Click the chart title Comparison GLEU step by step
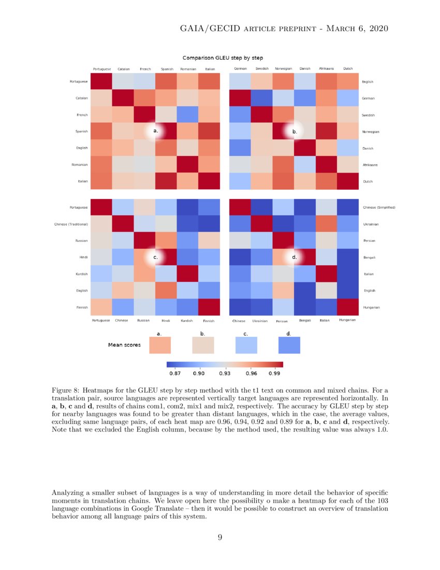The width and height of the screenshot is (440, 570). pos(222,58)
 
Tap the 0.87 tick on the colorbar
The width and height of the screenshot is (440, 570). pos(174,373)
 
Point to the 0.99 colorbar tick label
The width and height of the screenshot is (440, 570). pos(275,373)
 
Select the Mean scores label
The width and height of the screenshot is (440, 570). pos(124,345)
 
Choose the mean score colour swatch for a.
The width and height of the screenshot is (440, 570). pos(159,345)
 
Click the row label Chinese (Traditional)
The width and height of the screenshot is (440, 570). pos(71,224)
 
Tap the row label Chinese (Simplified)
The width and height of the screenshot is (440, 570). pos(378,207)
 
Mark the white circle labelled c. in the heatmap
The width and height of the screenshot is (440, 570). pos(155,257)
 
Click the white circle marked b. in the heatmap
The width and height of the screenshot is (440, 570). pos(295,132)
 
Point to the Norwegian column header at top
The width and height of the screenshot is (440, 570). pos(283,68)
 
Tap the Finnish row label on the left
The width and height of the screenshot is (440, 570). pos(79,307)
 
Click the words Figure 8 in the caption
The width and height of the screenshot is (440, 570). pos(66,390)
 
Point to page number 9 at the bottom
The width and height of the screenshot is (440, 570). pos(220,537)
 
